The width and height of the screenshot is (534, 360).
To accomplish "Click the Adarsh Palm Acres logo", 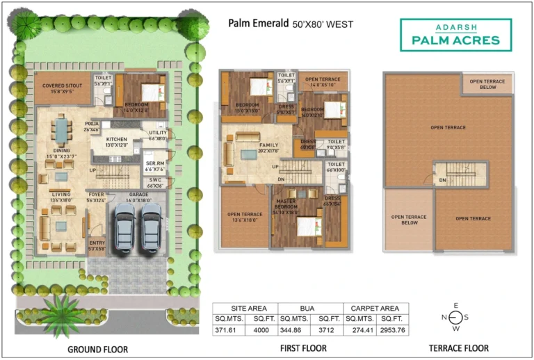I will [x=455, y=35].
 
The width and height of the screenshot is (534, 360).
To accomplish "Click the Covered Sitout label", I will [x=62, y=88].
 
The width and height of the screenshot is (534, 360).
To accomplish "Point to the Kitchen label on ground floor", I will [x=116, y=142].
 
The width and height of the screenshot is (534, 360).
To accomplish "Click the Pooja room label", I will [x=92, y=126].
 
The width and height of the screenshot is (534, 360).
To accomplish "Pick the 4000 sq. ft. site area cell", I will [x=261, y=331].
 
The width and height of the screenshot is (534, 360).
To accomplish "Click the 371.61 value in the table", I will [x=229, y=331].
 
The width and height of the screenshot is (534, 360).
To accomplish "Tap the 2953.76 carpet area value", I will [x=393, y=331].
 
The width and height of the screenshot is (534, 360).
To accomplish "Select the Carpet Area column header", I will [x=375, y=308].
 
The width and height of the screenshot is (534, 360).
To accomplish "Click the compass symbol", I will [x=456, y=318].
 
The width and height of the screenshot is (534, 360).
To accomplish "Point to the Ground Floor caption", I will [x=97, y=349].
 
